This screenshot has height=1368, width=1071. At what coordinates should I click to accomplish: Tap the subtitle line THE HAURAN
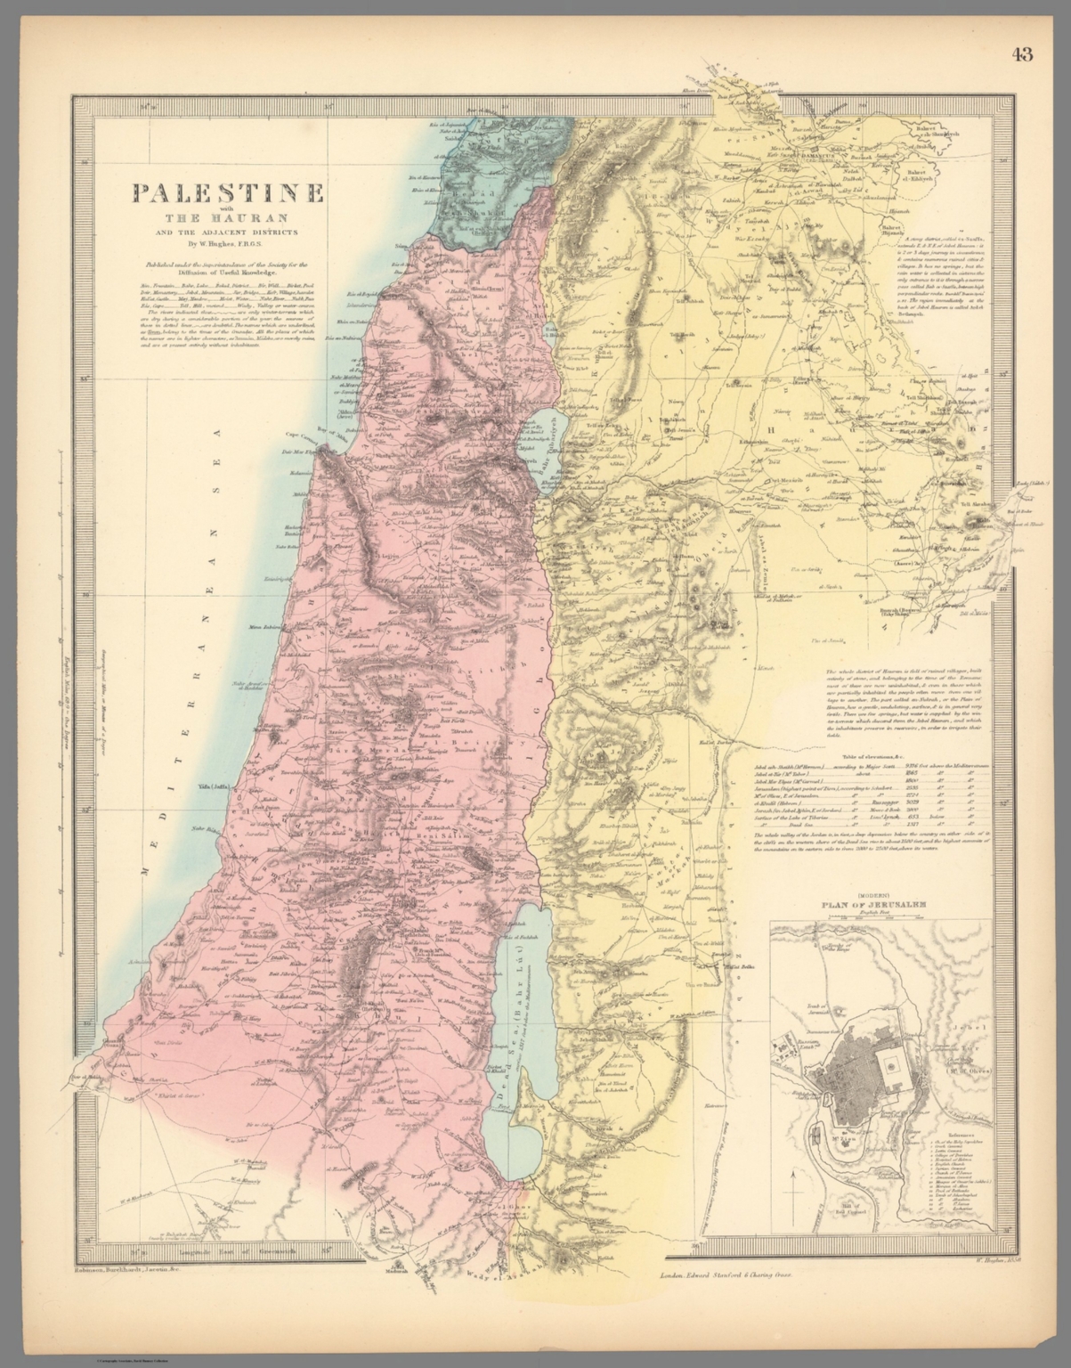point(227,219)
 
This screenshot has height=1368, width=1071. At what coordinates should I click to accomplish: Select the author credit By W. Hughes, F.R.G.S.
point(227,242)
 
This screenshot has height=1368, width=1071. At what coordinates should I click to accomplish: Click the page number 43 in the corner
point(1022,54)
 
